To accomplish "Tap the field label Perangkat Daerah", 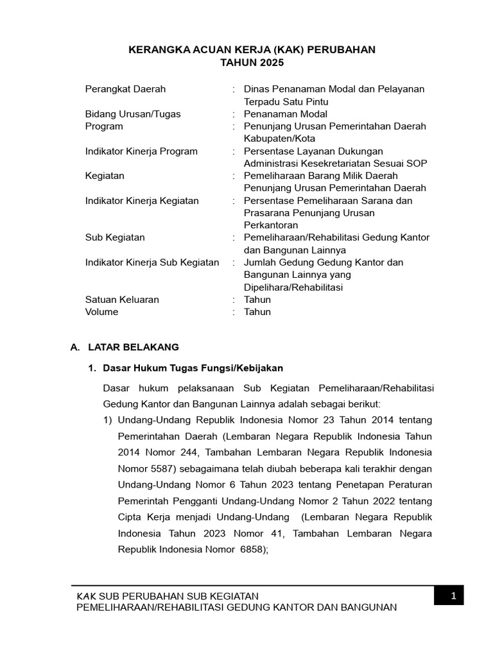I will tap(125, 89).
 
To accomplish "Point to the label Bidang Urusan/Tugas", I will tap(133, 114).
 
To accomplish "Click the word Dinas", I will tap(256, 89).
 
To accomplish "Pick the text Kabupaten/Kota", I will tap(279, 139).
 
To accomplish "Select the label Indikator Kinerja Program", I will tap(141, 151).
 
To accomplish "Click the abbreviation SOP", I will tap(417, 164).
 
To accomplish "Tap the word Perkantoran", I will tap(271, 225).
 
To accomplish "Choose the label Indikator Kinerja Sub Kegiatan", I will tap(151, 262).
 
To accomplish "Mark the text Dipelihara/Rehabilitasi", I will tap(293, 287).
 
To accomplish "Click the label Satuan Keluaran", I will tap(122, 300).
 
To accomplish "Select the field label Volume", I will tap(102, 312).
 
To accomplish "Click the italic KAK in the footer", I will tap(86, 596).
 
